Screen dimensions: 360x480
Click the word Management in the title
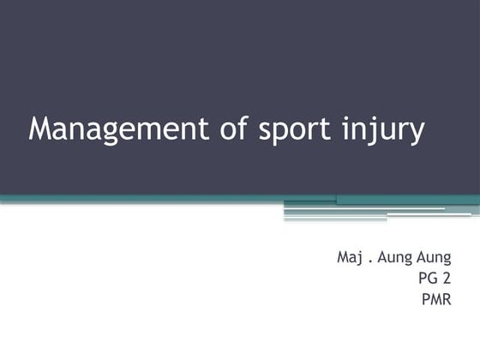[116, 129]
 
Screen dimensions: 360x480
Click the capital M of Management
[40, 129]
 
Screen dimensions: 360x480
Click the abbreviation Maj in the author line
[351, 256]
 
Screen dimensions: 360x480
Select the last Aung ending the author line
[433, 257]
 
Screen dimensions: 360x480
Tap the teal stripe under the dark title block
[171, 199]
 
